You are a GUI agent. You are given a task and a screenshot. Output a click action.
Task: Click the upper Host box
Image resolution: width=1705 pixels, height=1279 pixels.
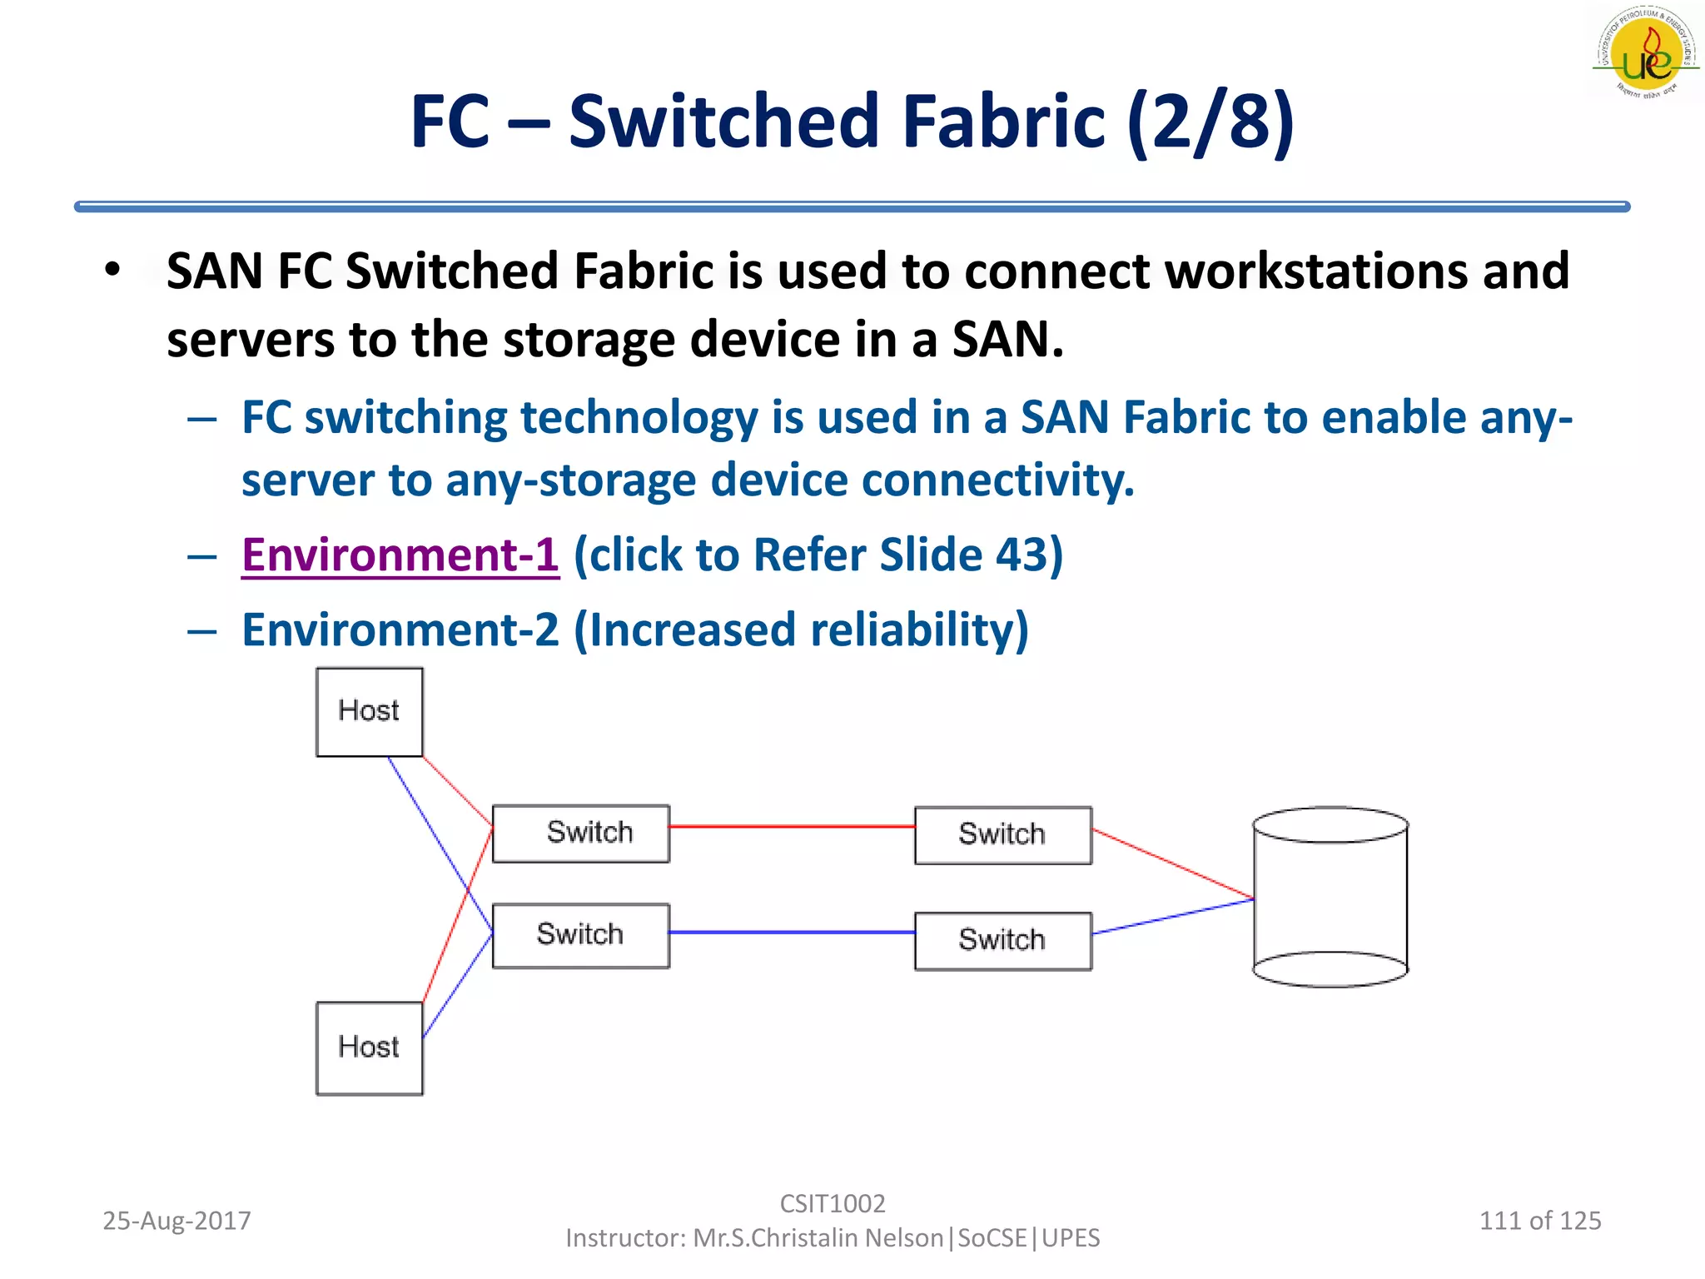pos(369,712)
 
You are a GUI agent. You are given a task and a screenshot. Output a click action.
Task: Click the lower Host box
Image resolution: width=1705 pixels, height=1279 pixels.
pos(369,1048)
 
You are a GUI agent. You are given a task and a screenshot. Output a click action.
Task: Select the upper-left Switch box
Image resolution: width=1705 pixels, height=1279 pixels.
pos(580,833)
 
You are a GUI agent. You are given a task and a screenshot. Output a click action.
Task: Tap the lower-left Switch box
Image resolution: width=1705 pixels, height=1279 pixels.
pos(580,935)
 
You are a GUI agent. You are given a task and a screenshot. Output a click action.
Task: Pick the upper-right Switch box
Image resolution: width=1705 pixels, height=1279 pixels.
pos(1002,834)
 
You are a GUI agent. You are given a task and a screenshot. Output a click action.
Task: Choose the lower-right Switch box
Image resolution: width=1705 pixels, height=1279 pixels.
pos(1002,940)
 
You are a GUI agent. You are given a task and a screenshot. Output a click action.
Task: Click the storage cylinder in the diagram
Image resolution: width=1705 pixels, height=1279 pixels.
pos(1330,897)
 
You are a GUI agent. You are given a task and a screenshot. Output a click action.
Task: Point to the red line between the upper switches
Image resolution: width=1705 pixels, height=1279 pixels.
pos(791,826)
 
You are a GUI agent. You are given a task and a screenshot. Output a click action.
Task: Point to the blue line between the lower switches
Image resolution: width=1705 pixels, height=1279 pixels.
pos(791,932)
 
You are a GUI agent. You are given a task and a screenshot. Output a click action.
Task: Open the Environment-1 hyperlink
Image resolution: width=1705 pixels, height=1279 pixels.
pos(400,555)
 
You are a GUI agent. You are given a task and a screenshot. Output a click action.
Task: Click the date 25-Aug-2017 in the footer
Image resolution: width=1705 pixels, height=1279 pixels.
pos(176,1221)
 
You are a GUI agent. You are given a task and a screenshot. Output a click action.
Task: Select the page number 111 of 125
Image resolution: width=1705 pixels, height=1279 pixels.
pos(1539,1221)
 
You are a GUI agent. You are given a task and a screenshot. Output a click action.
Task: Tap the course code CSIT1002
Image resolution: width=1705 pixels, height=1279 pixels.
pos(832,1203)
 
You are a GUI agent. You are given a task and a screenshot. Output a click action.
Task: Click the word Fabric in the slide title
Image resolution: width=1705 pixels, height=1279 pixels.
pos(1004,122)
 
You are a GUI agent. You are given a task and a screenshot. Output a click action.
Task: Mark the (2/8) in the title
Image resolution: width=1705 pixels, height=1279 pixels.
pos(1210,122)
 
